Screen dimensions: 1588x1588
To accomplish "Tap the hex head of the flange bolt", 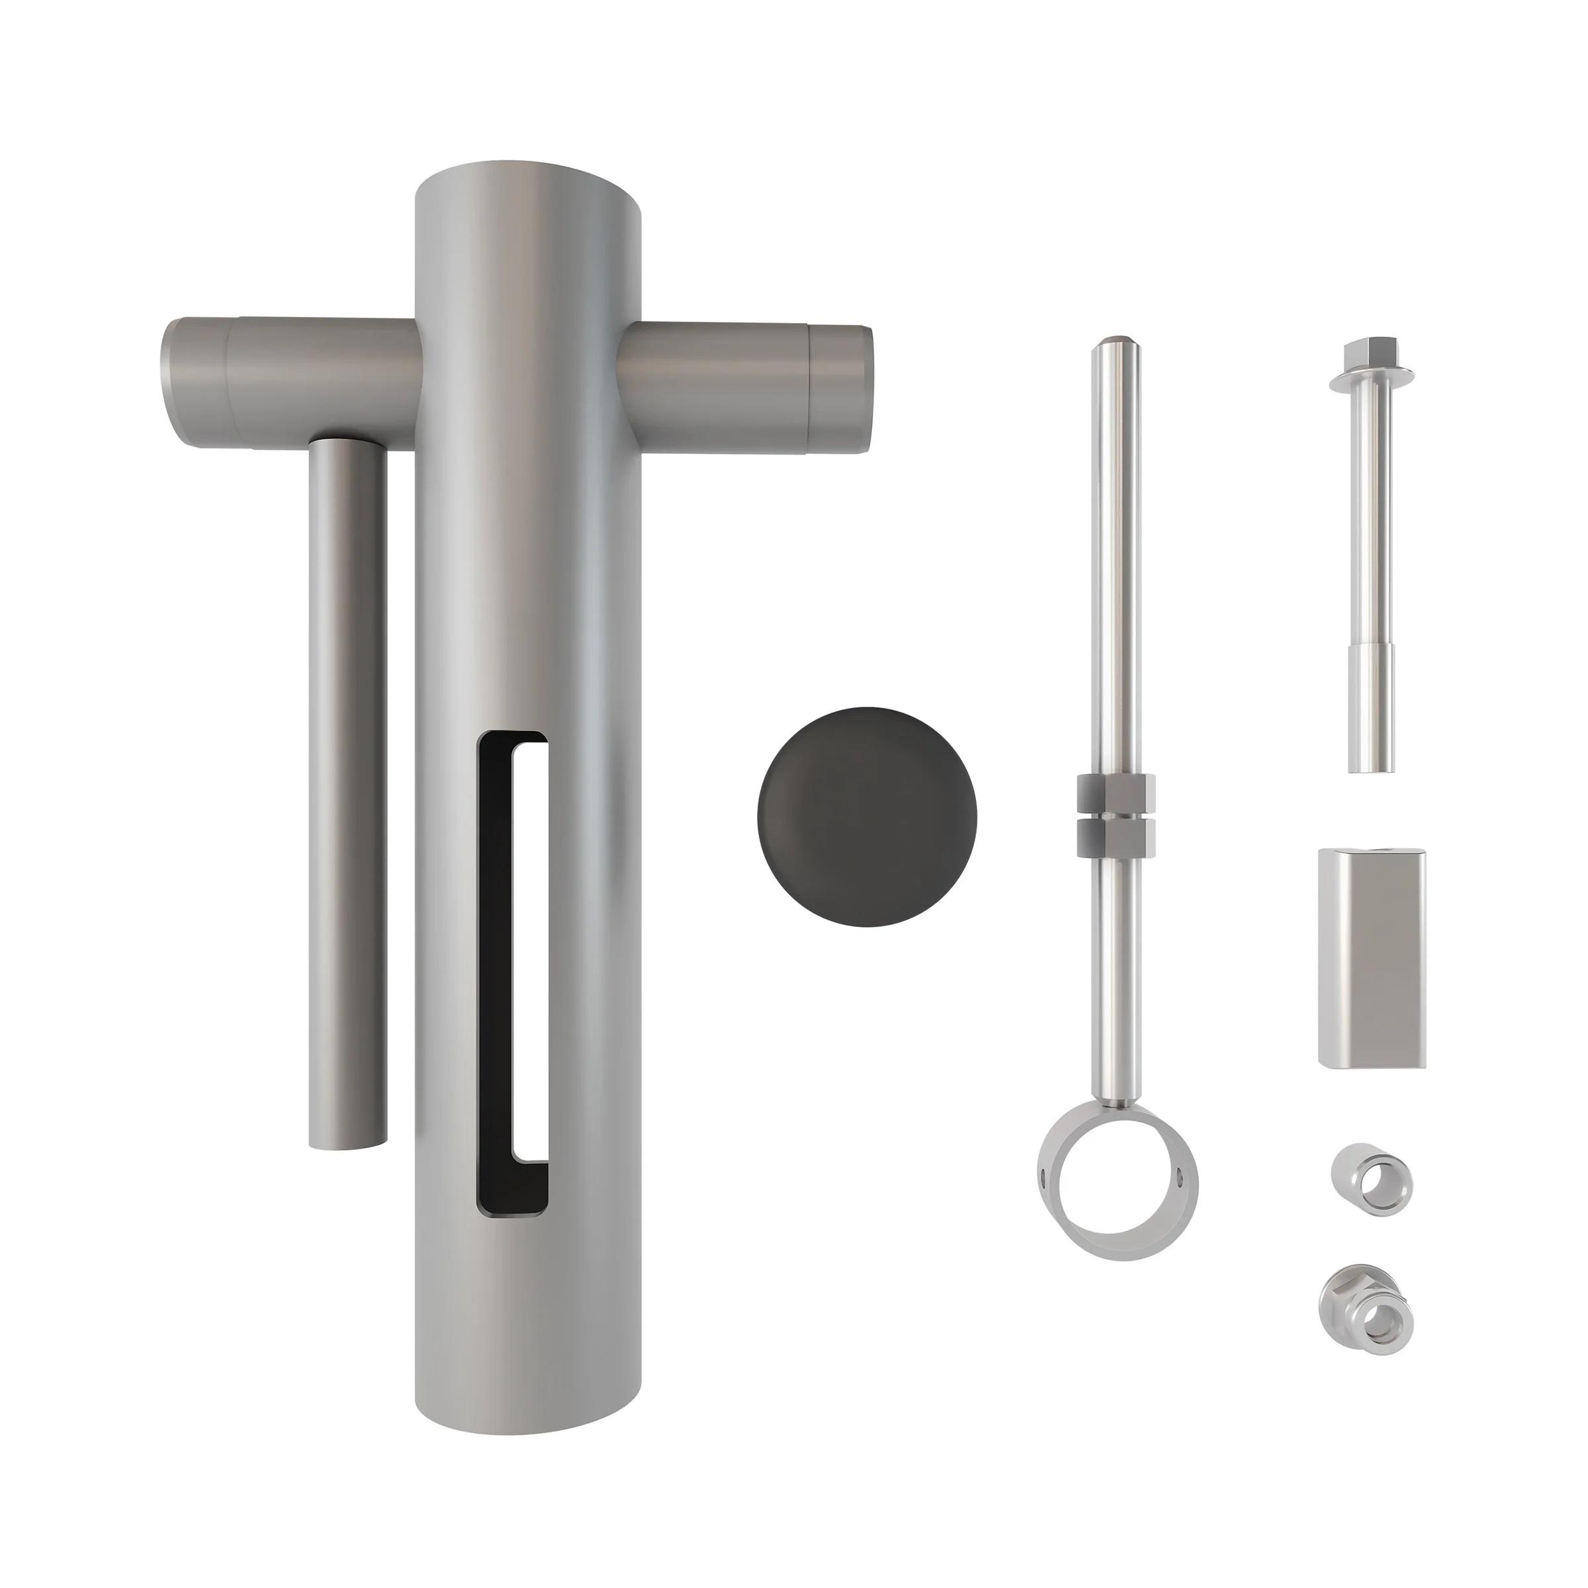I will coord(1370,353).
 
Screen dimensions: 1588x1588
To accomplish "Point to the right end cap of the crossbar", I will coord(840,386).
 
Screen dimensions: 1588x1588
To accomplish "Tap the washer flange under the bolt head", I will coord(1370,380).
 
